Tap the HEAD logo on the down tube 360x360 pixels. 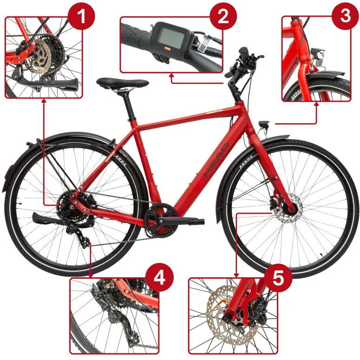pyautogui.click(x=216, y=160)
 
